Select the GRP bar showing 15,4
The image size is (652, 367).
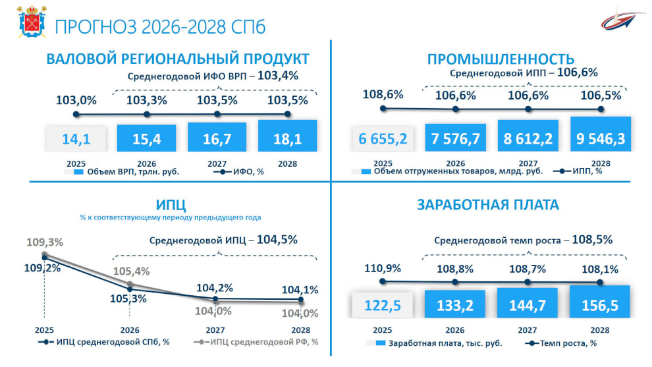click(x=146, y=138)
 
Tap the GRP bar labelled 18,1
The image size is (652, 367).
click(x=287, y=136)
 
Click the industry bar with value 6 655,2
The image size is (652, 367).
click(x=383, y=138)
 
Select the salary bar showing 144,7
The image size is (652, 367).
click(x=528, y=305)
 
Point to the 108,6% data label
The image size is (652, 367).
click(x=383, y=94)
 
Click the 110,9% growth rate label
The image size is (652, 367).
click(x=383, y=268)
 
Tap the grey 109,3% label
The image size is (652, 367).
click(x=45, y=242)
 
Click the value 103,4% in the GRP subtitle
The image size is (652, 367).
click(x=277, y=76)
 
